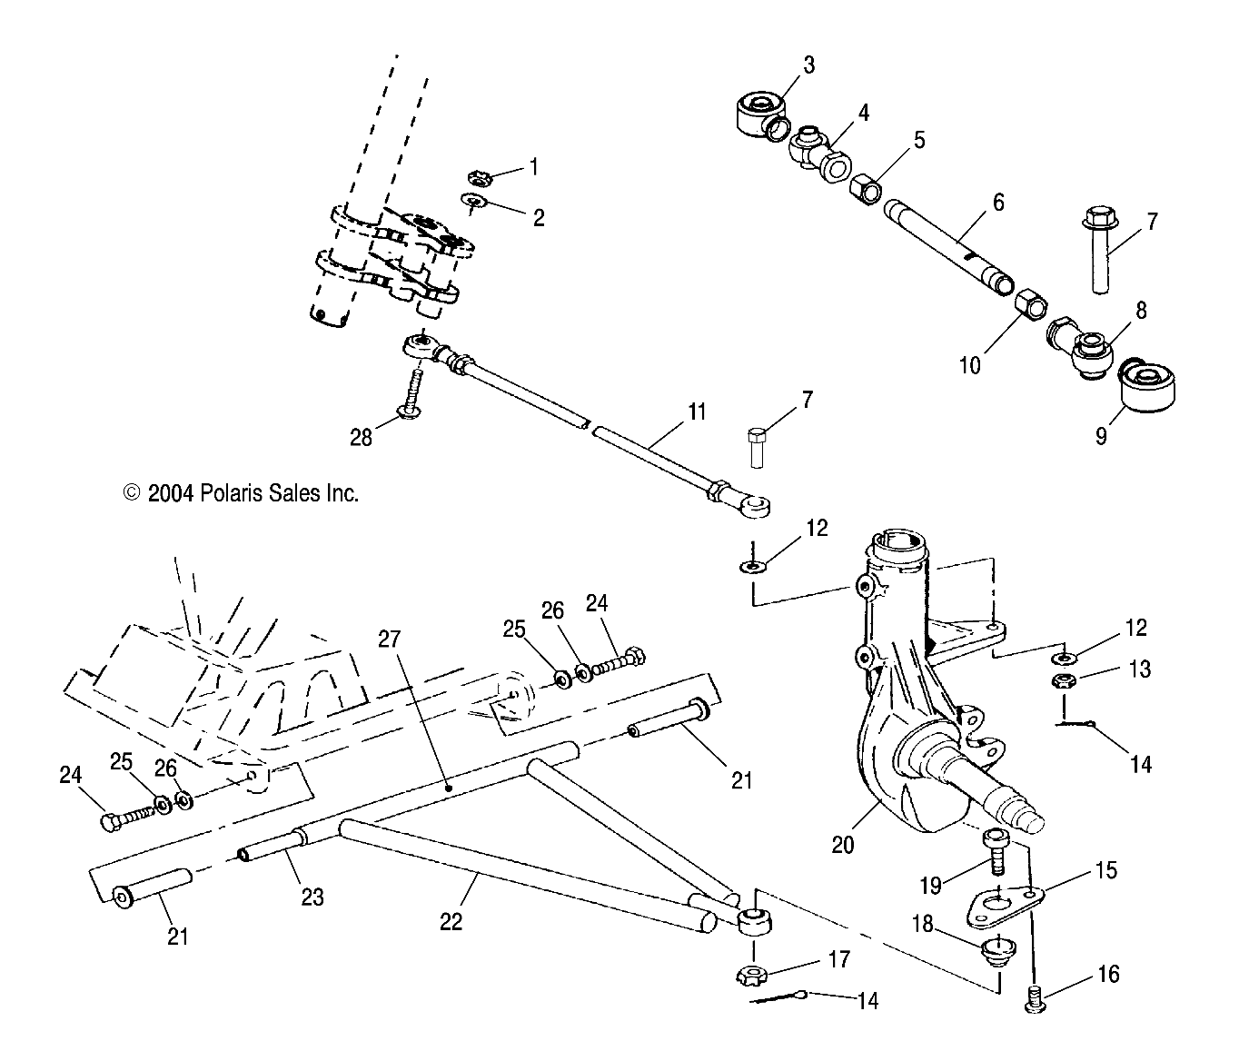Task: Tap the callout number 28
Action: point(361,438)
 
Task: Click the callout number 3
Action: point(808,64)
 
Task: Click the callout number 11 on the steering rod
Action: point(696,412)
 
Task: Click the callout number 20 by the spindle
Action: point(842,844)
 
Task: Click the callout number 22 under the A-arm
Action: point(451,921)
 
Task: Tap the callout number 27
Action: point(389,639)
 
